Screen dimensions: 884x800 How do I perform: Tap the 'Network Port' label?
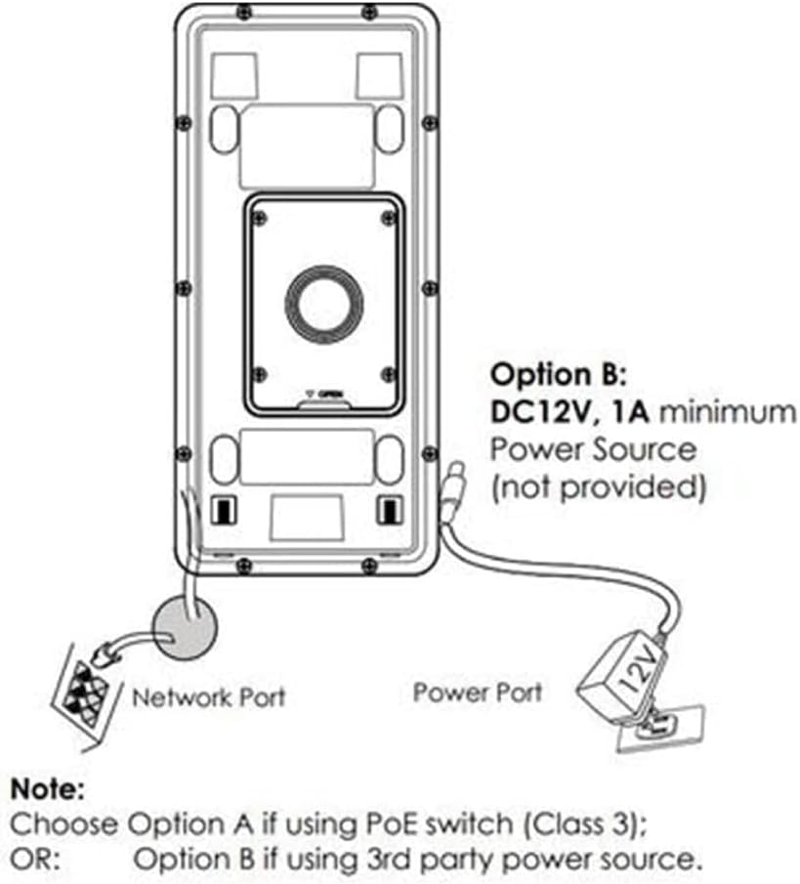(209, 697)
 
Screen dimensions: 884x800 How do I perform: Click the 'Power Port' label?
(477, 693)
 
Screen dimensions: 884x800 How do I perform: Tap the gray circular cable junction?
(185, 625)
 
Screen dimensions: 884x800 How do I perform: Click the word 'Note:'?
(48, 786)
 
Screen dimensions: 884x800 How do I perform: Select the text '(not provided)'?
(597, 485)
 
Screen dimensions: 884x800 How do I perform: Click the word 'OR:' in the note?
(33, 860)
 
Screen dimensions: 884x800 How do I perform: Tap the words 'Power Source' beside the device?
(594, 449)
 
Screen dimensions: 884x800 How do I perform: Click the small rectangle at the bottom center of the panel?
(306, 515)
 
